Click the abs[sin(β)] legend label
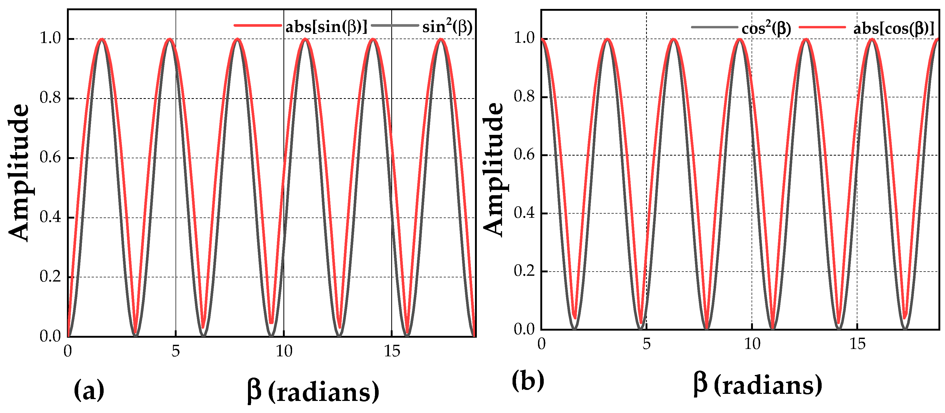pyautogui.click(x=326, y=27)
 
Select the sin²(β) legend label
pyautogui.click(x=447, y=27)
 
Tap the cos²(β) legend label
pyautogui.click(x=766, y=28)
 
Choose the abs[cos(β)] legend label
pyautogui.click(x=894, y=28)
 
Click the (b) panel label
pyautogui.click(x=528, y=380)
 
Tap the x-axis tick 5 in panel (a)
pyautogui.click(x=176, y=351)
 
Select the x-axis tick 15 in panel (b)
pyautogui.click(x=857, y=344)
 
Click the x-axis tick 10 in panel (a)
pyautogui.click(x=284, y=351)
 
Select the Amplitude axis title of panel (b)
pyautogui.click(x=493, y=170)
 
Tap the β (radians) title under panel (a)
pyautogui.click(x=313, y=392)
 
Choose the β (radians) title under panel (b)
pyautogui.click(x=758, y=385)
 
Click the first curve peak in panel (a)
pyautogui.click(x=102, y=39)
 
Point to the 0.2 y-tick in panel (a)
pyautogui.click(x=50, y=277)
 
